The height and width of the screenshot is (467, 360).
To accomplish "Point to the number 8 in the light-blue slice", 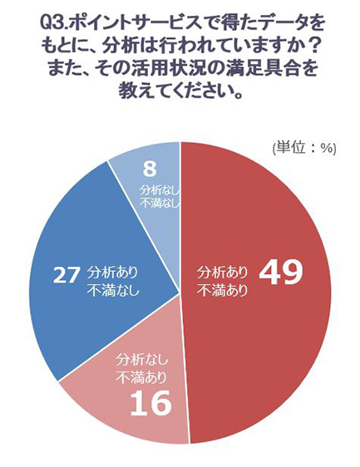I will (150, 169).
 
